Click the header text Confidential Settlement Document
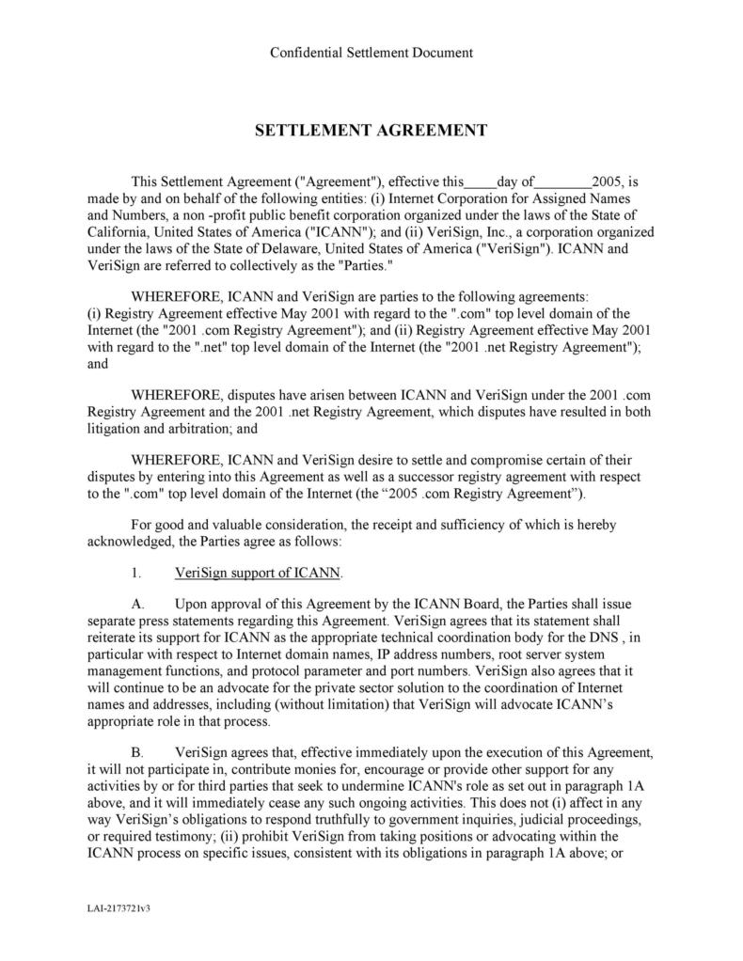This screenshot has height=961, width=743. tap(371, 53)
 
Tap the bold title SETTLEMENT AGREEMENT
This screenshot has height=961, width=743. tap(371, 131)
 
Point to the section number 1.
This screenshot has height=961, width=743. tap(135, 573)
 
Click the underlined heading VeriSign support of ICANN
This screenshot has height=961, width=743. tap(259, 573)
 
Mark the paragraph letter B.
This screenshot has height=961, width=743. tap(136, 753)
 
